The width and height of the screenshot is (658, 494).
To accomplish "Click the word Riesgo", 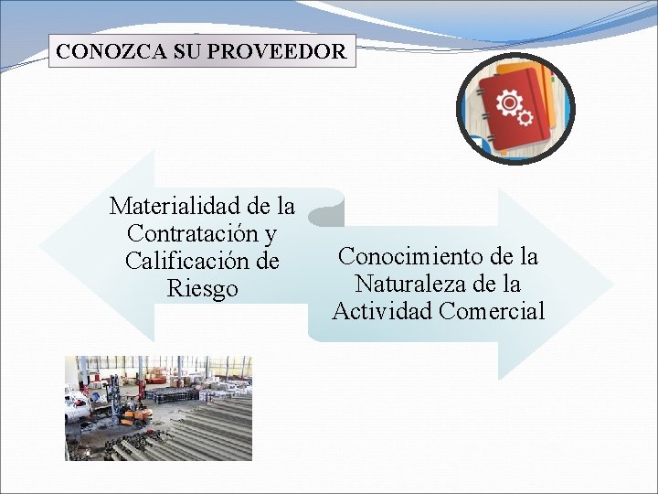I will pos(202,288).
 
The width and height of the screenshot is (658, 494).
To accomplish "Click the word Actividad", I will pos(382,311).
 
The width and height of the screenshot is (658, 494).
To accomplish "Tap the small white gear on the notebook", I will pos(525,117).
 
